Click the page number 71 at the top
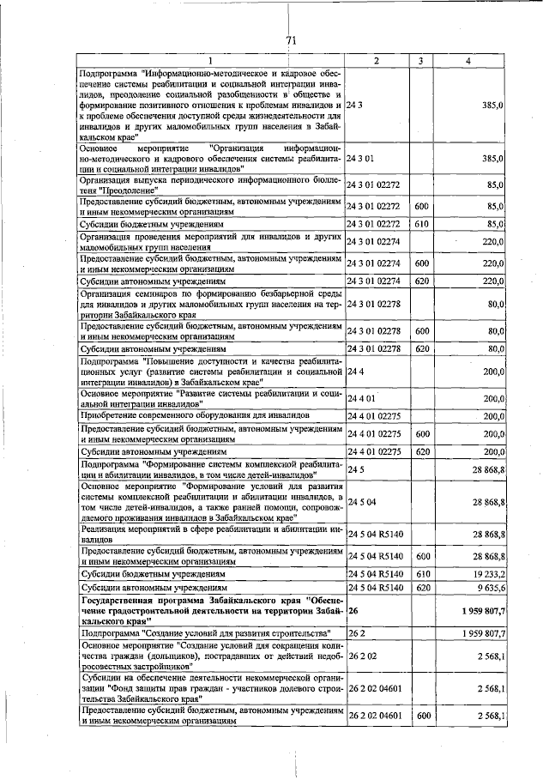coord(291,40)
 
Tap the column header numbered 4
coord(468,60)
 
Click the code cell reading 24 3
coord(355,104)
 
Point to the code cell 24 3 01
coord(360,159)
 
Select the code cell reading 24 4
coord(355,372)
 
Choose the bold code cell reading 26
coord(353,611)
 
